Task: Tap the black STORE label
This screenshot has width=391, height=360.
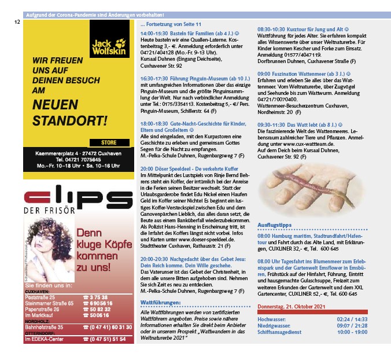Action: [x=108, y=142]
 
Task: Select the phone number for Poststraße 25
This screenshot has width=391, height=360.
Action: [x=95, y=296]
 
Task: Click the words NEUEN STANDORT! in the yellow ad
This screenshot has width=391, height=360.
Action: [x=70, y=113]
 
